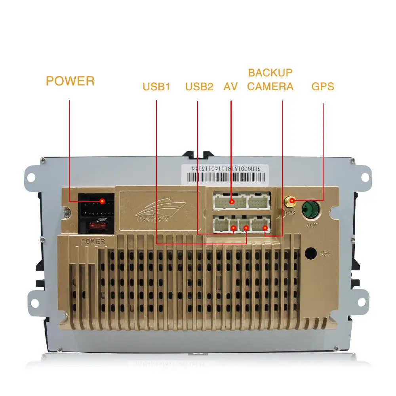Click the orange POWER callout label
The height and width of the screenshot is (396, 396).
[70, 81]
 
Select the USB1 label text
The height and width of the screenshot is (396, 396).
[156, 86]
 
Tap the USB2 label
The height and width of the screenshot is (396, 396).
[199, 86]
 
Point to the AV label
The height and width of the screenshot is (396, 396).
[230, 86]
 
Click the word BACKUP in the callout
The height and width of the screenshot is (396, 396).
[270, 73]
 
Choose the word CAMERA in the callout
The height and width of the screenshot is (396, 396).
[270, 86]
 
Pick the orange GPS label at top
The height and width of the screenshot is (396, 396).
[323, 86]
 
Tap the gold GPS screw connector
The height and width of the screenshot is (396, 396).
[290, 202]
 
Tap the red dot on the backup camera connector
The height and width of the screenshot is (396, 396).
[265, 227]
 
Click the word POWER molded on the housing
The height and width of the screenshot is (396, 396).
[93, 241]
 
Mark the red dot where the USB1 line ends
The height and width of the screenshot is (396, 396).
[246, 228]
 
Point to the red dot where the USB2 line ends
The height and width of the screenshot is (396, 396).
[234, 228]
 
